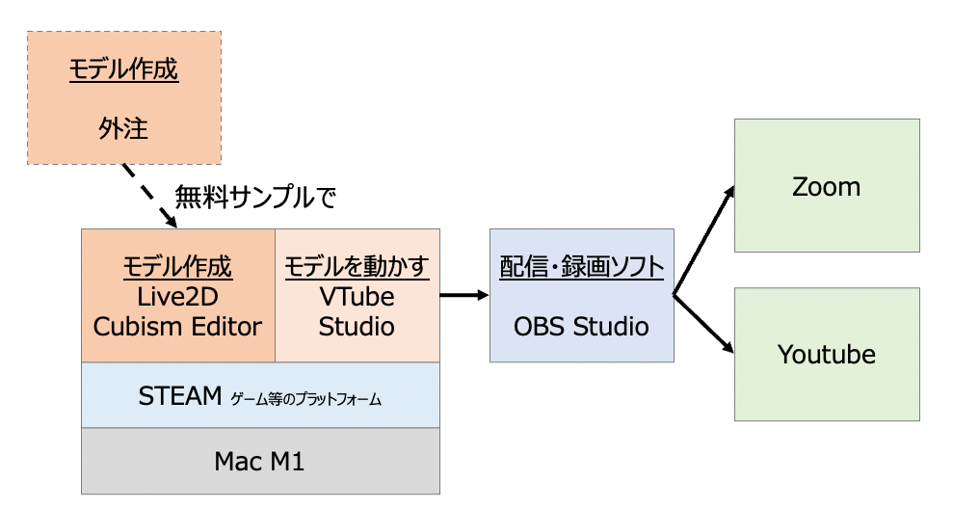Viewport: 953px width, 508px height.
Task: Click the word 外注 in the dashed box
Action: [x=123, y=127]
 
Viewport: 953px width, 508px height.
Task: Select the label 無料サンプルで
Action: [x=255, y=197]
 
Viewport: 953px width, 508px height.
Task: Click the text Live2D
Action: [x=177, y=297]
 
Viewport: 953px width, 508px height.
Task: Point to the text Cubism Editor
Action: [x=177, y=326]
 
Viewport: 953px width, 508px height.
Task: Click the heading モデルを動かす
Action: [x=357, y=267]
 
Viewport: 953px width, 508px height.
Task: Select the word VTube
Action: [x=357, y=297]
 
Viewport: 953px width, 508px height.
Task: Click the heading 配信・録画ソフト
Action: [x=581, y=267]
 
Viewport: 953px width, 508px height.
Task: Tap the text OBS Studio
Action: [x=581, y=326]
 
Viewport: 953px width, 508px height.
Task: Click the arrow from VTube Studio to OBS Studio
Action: [x=464, y=295]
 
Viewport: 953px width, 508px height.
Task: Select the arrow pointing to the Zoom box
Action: [x=704, y=240]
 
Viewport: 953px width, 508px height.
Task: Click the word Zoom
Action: [x=826, y=186]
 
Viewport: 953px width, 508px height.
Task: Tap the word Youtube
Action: [x=826, y=355]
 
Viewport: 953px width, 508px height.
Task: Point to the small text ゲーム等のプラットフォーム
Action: [x=305, y=398]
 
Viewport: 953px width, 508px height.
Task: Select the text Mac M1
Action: [x=259, y=461]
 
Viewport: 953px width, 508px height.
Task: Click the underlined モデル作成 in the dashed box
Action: [x=123, y=70]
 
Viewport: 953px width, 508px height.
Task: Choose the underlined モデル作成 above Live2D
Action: [x=177, y=267]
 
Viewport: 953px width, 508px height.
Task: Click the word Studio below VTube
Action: [x=357, y=326]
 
